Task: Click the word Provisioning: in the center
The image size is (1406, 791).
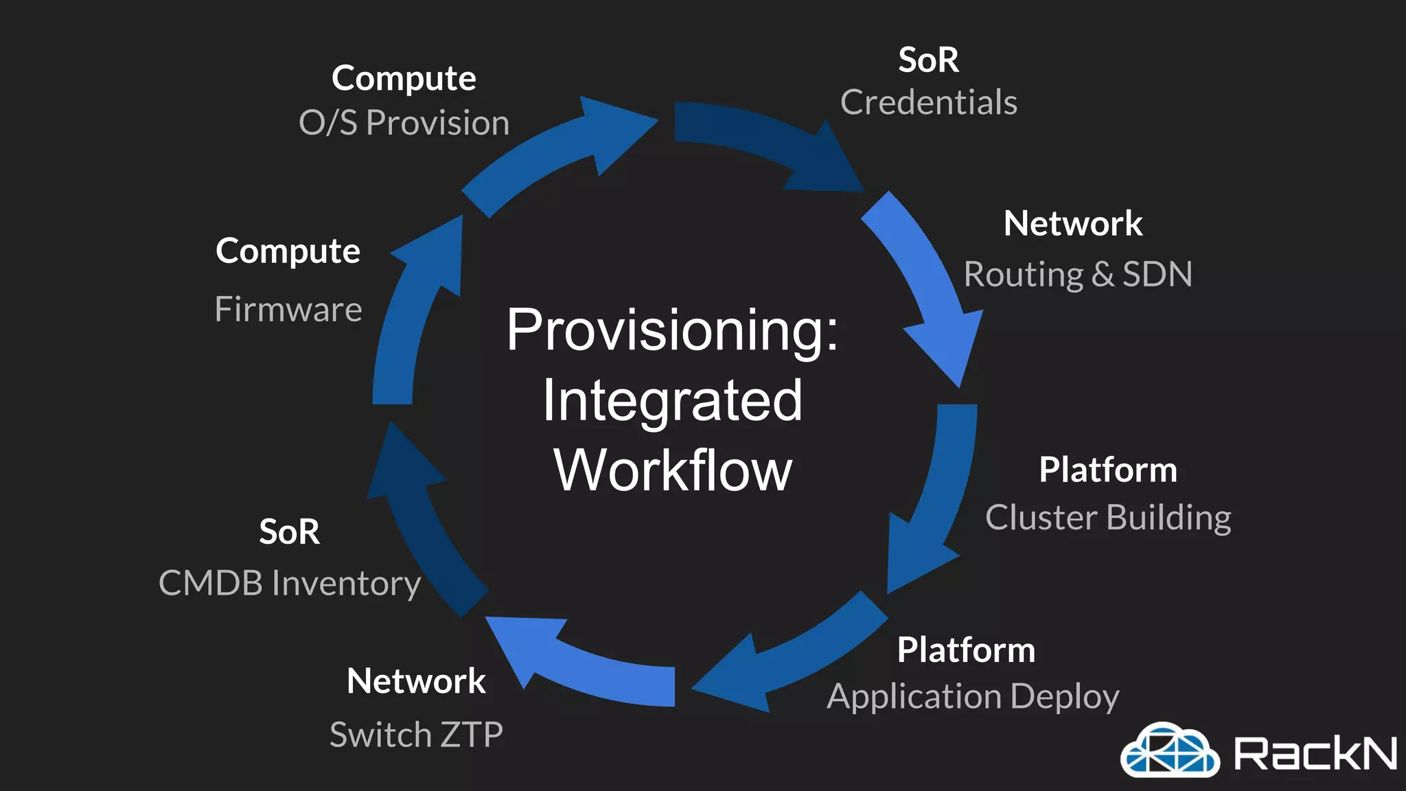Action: [672, 332]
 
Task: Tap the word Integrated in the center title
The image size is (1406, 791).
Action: [672, 401]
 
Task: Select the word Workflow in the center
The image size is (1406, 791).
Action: [672, 471]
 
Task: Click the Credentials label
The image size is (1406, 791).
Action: [928, 103]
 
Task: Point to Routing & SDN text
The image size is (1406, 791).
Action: [1077, 275]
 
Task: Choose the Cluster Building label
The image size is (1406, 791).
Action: [1107, 518]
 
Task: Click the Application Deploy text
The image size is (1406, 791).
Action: [973, 697]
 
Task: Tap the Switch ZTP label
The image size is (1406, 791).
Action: [416, 735]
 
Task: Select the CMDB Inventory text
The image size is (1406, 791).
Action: [289, 584]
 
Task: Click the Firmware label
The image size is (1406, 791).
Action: [288, 310]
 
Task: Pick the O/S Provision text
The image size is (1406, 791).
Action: [404, 124]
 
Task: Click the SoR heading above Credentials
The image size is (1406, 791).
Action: [928, 60]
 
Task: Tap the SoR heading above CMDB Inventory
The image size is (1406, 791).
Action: [289, 532]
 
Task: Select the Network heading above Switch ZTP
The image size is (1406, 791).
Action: [416, 682]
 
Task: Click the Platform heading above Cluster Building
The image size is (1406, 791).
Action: [1107, 470]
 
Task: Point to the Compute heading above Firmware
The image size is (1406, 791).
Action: [288, 251]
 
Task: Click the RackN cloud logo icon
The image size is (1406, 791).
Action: [1169, 750]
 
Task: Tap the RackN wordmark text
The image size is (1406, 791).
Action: [1315, 753]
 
